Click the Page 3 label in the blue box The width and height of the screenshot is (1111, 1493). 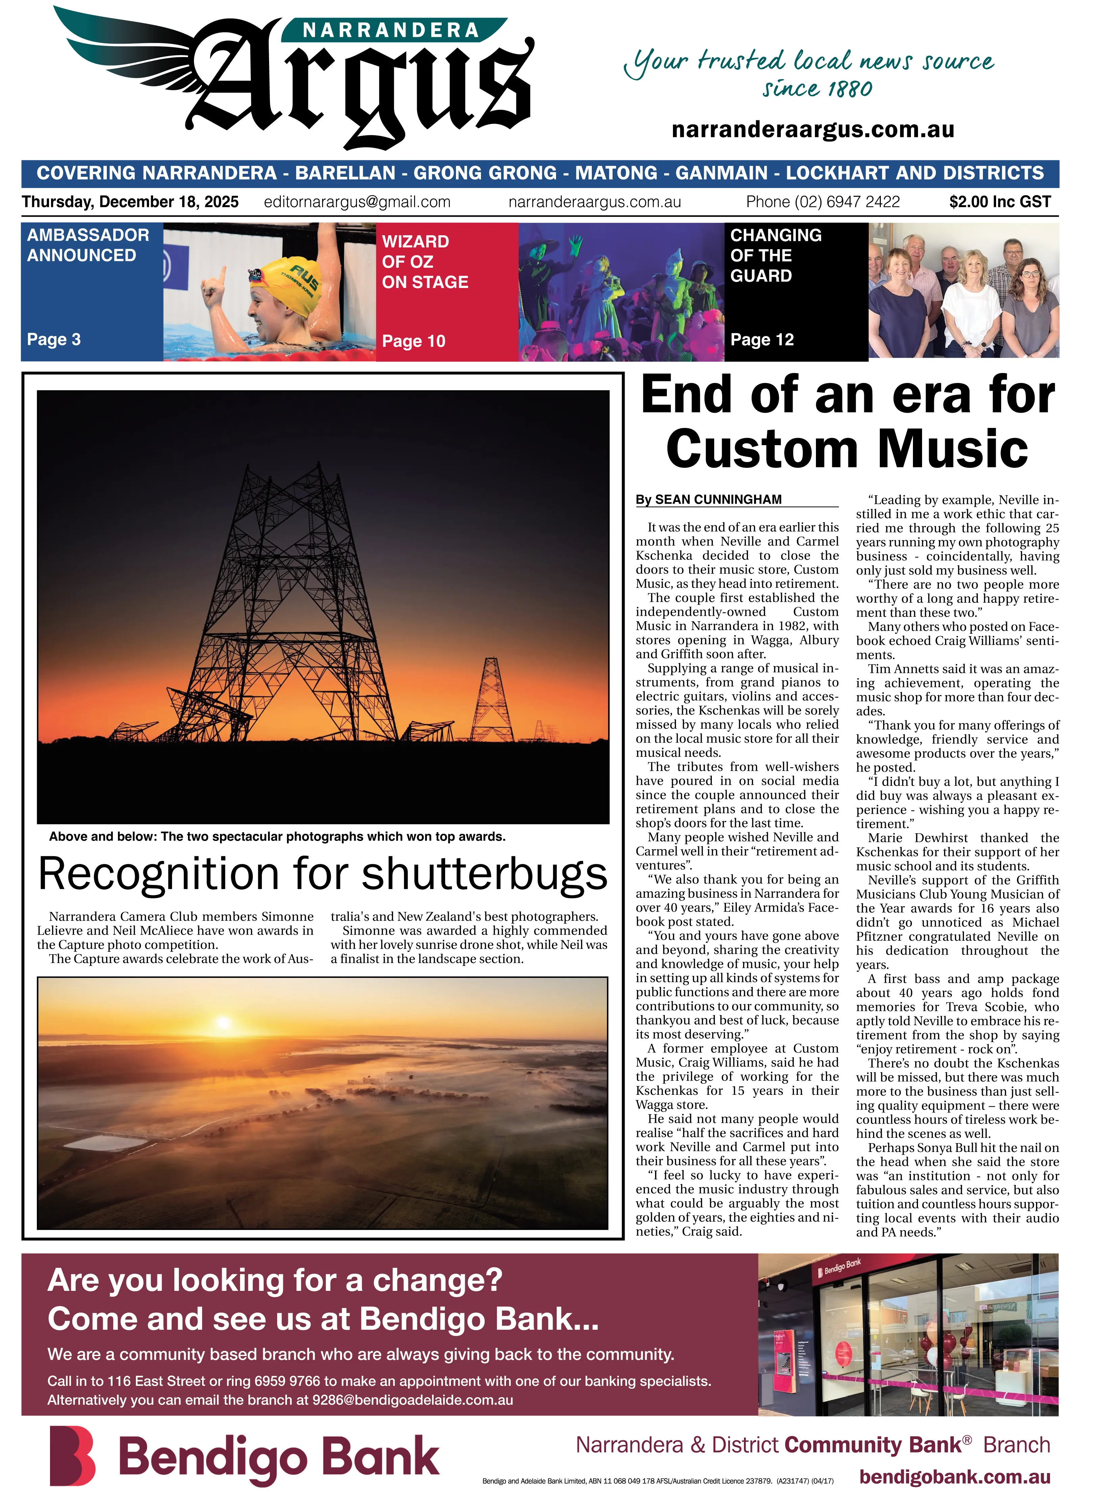[x=54, y=340]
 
